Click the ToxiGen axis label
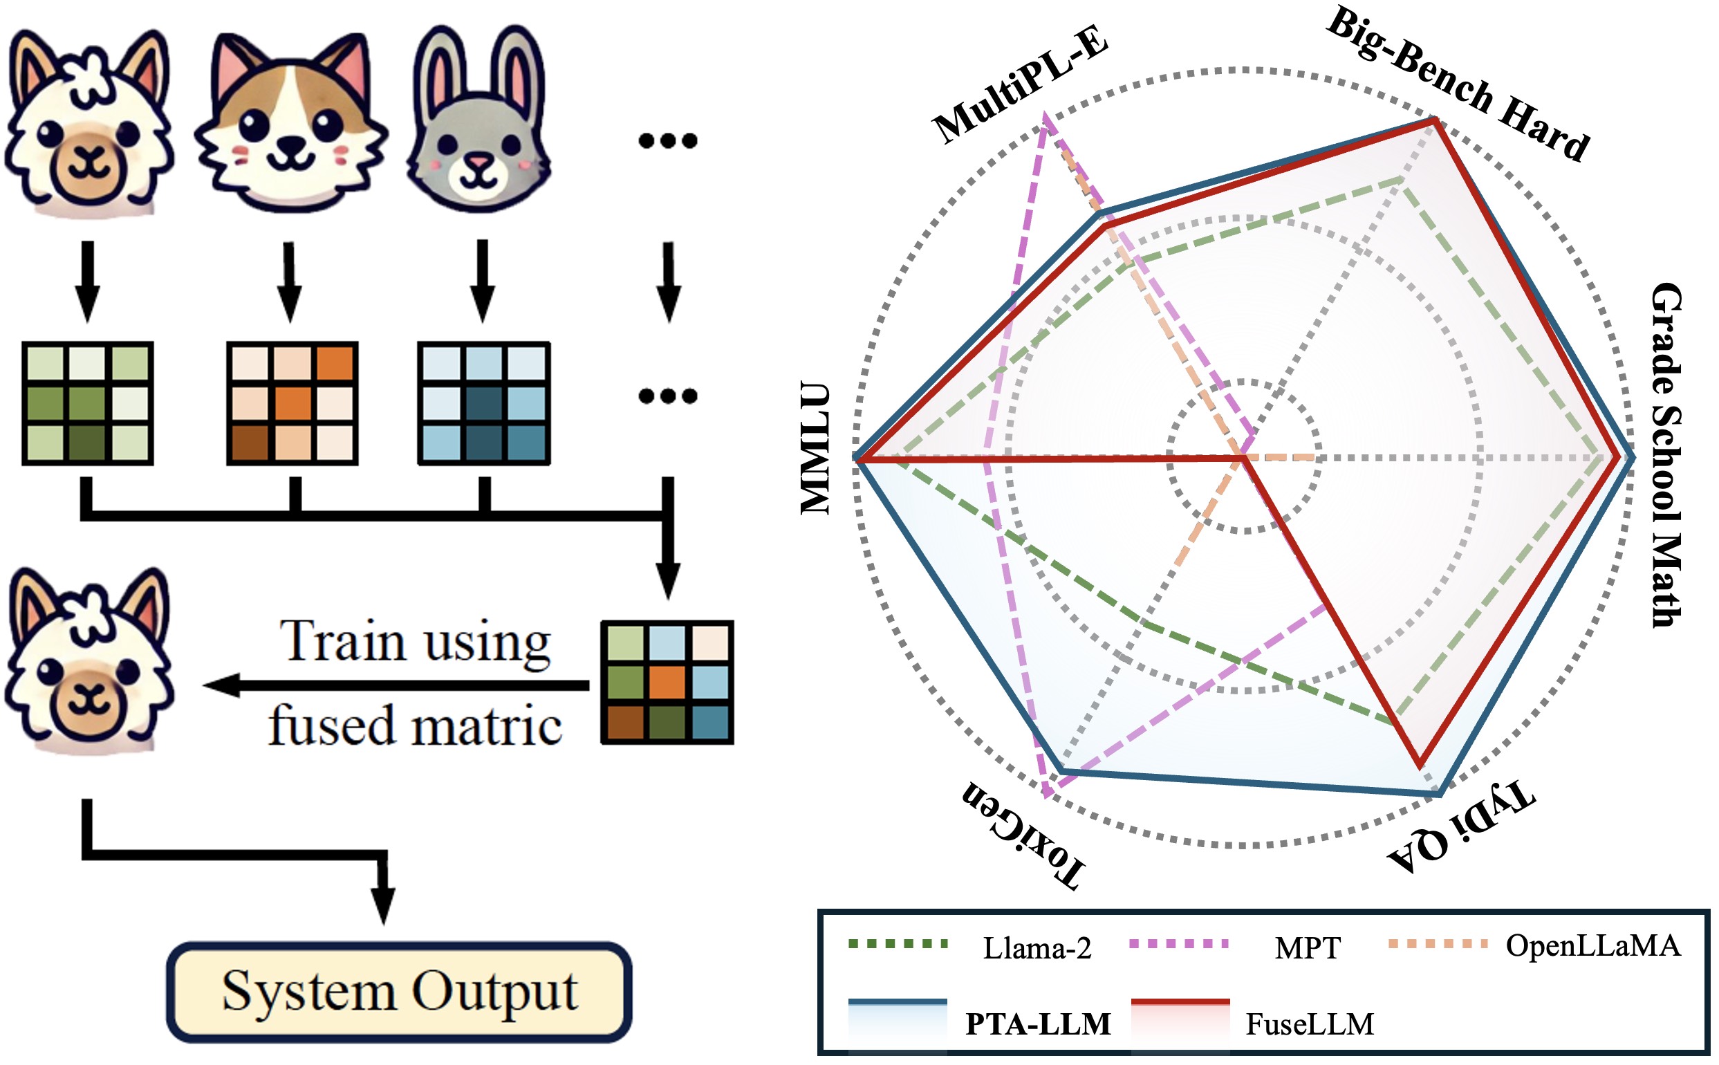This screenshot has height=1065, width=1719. click(1025, 835)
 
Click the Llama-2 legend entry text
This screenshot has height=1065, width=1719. click(1037, 948)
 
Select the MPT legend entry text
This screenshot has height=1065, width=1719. click(1307, 948)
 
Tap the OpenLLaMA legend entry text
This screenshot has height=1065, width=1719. click(1593, 945)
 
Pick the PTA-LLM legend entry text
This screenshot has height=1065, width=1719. click(1038, 1024)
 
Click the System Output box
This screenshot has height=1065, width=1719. click(398, 992)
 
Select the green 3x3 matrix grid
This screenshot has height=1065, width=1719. click(87, 403)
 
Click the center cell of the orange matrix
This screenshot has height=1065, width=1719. click(292, 404)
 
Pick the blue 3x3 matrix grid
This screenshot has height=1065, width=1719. click(484, 403)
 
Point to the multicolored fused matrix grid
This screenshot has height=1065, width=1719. click(666, 682)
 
